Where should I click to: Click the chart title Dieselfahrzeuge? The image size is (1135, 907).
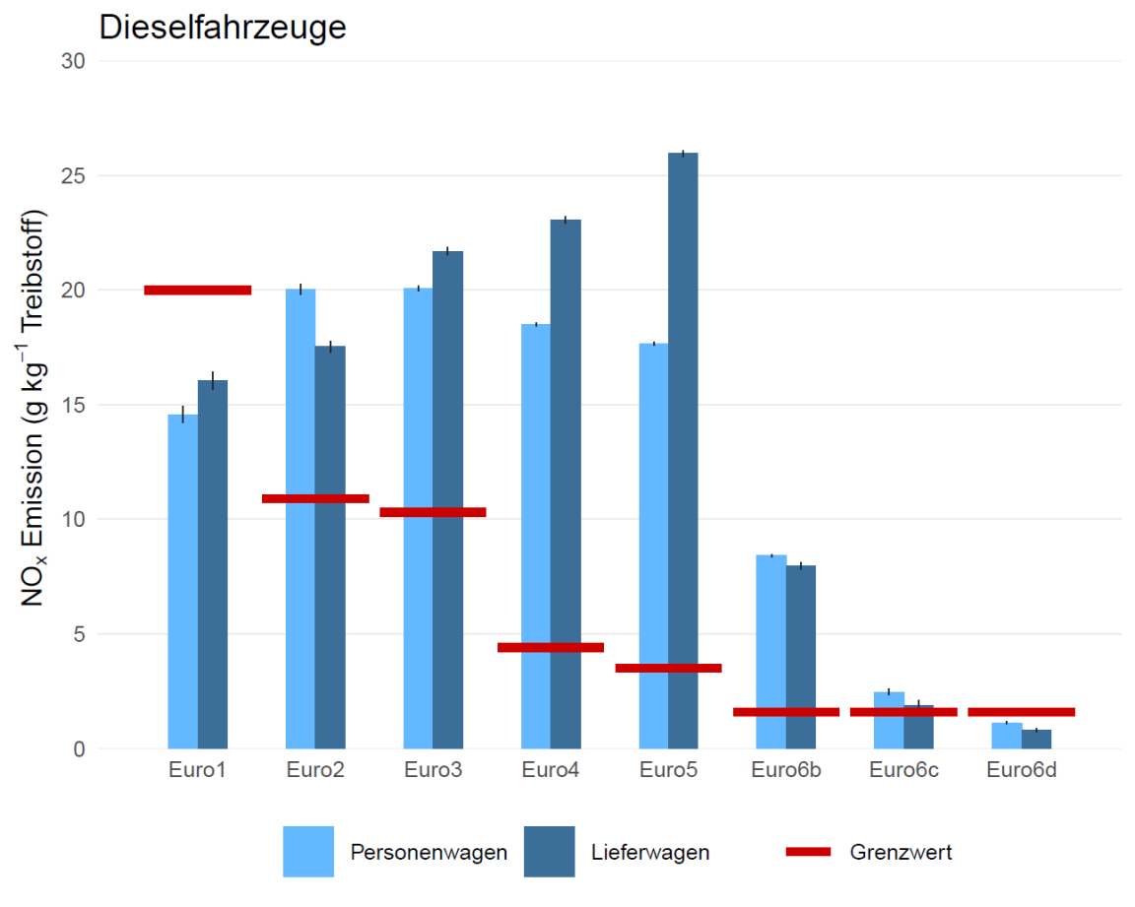click(223, 27)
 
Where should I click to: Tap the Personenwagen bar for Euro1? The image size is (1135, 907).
click(182, 581)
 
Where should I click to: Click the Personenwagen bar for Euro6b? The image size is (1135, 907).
click(770, 630)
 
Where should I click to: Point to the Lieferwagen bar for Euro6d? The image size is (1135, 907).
click(1036, 739)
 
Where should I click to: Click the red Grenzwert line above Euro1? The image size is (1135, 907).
click(197, 290)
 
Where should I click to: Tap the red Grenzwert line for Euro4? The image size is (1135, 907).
click(551, 647)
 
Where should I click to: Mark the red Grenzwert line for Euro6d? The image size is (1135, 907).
click(1021, 711)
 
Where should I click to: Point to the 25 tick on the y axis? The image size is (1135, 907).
click(74, 176)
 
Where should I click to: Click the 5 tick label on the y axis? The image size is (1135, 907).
click(79, 634)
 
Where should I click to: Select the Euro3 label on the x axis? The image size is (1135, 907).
click(433, 770)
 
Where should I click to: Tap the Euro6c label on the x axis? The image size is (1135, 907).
click(903, 770)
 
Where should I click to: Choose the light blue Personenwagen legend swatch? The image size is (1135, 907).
click(308, 851)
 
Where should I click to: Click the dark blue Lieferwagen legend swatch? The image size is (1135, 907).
click(550, 851)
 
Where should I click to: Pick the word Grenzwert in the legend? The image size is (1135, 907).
click(901, 853)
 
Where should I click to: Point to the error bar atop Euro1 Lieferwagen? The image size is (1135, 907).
click(213, 380)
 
